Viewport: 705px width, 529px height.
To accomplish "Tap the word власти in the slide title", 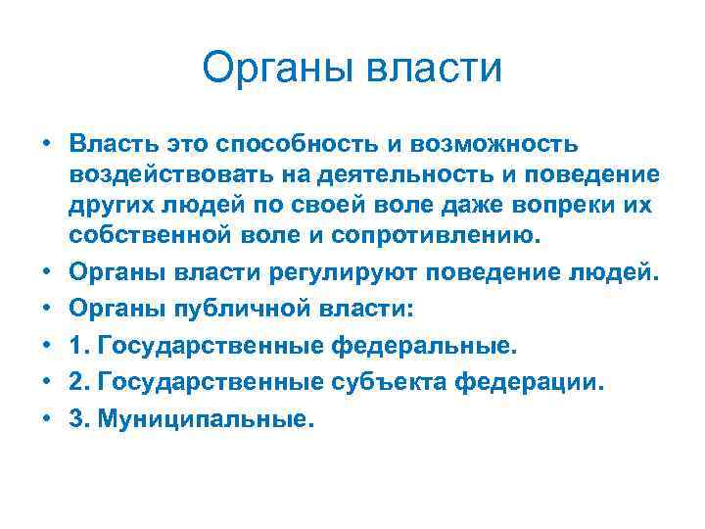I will click(432, 70).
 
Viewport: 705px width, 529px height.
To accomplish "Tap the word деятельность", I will click(392, 175).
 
